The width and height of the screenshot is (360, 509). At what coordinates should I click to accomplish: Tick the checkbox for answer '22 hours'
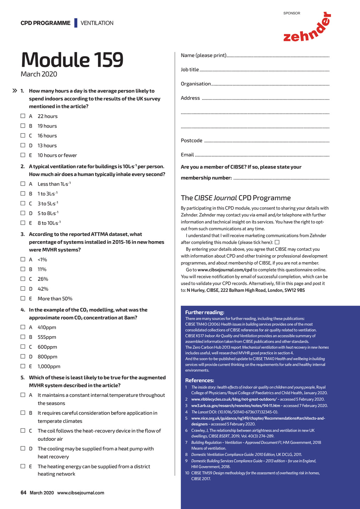point(23,116)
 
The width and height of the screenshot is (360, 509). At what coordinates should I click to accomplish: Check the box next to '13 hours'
point(23,145)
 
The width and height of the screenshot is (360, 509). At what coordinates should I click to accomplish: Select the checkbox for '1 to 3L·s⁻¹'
point(23,193)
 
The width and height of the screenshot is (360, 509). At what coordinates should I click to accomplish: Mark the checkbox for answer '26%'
point(23,279)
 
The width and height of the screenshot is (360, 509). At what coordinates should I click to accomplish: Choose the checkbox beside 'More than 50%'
point(23,298)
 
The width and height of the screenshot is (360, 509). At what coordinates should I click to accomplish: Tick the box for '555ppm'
point(23,337)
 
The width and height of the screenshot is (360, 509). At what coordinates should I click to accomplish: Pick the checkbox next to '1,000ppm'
point(23,366)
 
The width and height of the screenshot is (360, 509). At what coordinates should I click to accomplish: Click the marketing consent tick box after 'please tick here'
point(277,242)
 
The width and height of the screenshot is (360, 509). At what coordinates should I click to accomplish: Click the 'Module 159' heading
point(72,60)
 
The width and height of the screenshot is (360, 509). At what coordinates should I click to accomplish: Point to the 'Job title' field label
point(190,70)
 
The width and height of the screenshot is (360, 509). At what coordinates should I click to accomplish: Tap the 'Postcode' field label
point(192,141)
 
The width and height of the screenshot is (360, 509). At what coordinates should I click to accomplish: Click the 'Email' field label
point(187,155)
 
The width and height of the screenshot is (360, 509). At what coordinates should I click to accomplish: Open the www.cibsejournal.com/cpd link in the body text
point(225,270)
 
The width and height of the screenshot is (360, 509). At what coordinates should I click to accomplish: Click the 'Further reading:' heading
point(205,312)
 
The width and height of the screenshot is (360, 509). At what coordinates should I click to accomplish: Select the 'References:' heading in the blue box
point(200,380)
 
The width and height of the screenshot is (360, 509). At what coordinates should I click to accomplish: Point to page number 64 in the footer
point(24,492)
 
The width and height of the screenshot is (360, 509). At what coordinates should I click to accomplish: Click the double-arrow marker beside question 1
point(15,91)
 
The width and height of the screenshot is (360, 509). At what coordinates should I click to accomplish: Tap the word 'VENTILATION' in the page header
point(97,23)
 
